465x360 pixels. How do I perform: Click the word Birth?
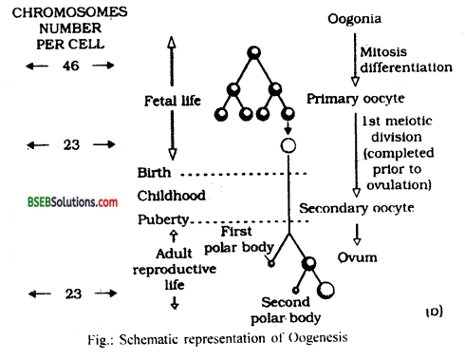click(x=156, y=173)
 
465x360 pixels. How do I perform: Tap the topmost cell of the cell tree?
click(x=252, y=53)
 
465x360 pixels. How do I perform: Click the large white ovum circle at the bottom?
click(x=326, y=289)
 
